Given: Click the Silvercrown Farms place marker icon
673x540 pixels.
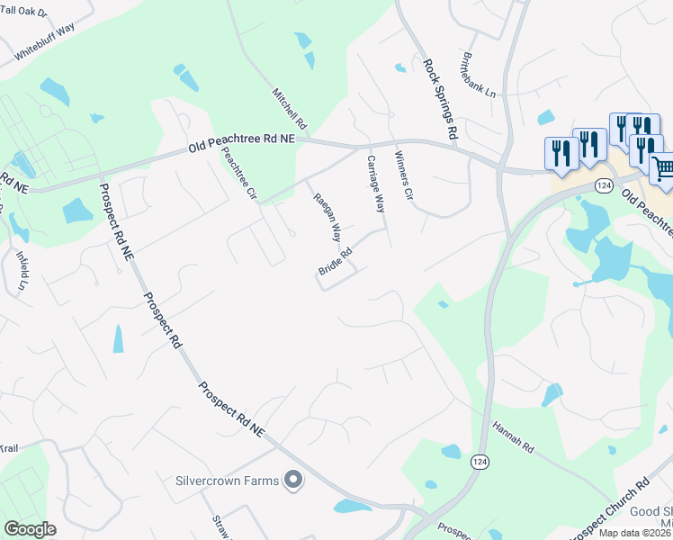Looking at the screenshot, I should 292,481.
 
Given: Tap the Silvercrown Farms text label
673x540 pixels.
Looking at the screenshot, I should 228,481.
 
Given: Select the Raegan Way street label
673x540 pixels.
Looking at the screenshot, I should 327,218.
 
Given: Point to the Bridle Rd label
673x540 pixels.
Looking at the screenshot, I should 334,262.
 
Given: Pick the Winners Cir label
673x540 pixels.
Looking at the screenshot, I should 403,175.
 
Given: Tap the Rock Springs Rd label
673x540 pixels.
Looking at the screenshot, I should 441,99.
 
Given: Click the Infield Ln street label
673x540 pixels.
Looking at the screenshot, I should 22,271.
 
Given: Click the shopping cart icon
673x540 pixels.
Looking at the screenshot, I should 663,169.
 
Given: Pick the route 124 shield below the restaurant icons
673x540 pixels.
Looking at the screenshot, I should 604,184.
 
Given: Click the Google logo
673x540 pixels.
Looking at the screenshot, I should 30,529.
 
